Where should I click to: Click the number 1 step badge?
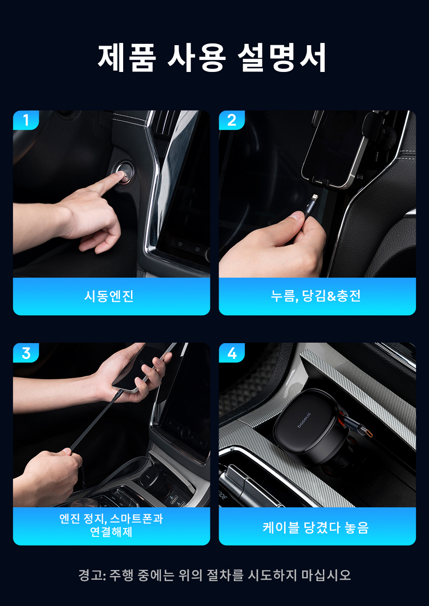click(x=26, y=120)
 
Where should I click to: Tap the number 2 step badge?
click(x=232, y=120)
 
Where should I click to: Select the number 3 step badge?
click(x=26, y=353)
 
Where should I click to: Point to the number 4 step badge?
click(x=232, y=353)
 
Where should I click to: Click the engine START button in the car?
click(x=125, y=172)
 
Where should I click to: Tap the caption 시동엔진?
click(x=109, y=296)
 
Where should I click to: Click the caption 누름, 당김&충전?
click(x=316, y=296)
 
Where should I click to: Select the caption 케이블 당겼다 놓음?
click(x=316, y=528)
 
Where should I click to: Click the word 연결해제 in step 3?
click(x=111, y=532)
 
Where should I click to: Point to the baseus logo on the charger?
click(x=304, y=420)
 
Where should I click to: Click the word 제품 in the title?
click(x=127, y=58)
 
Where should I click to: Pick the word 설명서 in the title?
click(x=282, y=58)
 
